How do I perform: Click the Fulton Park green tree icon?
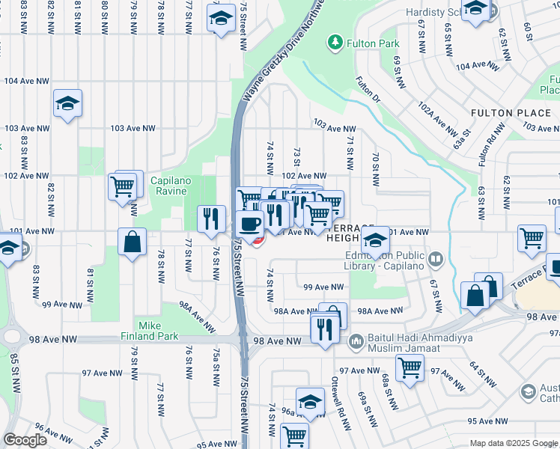tap(336, 43)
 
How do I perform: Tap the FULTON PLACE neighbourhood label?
tap(511, 113)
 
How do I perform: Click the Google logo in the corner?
tap(25, 439)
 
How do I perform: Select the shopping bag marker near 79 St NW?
tap(132, 242)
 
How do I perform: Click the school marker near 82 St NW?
tap(67, 103)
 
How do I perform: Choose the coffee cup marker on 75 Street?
tap(249, 223)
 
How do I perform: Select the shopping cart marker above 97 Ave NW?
tap(410, 367)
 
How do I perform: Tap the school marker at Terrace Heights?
tap(376, 239)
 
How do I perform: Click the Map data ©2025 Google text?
tap(513, 443)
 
